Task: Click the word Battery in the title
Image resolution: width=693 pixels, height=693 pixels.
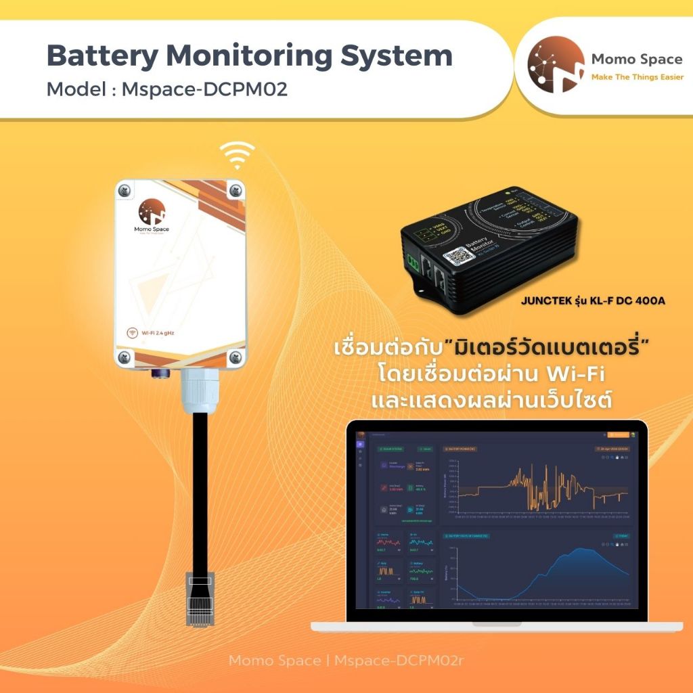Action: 97,55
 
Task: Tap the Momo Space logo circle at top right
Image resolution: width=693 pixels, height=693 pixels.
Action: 556,65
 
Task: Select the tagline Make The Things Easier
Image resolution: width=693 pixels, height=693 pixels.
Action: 637,77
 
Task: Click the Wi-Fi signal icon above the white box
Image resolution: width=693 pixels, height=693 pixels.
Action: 236,156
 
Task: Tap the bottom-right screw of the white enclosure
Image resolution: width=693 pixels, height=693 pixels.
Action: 236,357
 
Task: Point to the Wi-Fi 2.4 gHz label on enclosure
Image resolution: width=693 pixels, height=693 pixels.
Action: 156,332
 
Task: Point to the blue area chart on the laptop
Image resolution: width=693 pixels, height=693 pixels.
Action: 575,575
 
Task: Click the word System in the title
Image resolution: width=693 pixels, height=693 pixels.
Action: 390,55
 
